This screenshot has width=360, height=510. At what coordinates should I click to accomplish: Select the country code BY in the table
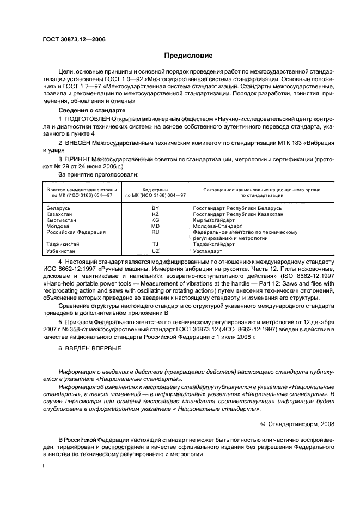[x=155, y=208]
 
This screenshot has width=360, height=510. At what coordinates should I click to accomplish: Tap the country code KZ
[x=155, y=214]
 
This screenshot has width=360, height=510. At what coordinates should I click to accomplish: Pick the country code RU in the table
[x=155, y=232]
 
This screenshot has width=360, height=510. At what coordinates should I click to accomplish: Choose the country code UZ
[x=155, y=252]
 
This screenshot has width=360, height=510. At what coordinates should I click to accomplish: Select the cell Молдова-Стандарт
[x=216, y=226]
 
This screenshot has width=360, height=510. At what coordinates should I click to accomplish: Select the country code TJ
[x=155, y=244]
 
